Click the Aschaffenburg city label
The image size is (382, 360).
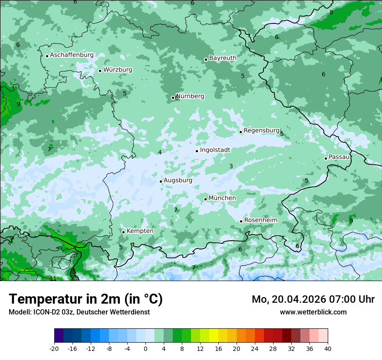tap(72, 55)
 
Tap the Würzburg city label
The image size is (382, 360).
tap(118, 70)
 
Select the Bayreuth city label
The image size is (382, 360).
tap(223, 58)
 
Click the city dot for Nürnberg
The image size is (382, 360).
tap(173, 98)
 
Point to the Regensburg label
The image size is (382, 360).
tap(261, 131)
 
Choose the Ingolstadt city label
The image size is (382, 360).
tap(215, 150)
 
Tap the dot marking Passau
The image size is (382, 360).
tap(326, 158)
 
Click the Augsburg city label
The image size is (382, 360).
tap(178, 180)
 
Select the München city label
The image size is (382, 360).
tap(222, 198)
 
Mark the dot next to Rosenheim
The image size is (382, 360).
tap(241, 221)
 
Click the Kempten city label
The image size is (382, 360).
tap(140, 231)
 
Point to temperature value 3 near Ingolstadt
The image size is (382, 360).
tap(231, 166)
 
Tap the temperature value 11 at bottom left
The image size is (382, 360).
tap(53, 278)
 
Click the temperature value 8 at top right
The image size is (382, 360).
tap(331, 12)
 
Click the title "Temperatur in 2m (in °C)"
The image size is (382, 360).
tap(86, 299)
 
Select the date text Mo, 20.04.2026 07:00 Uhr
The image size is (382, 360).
tap(313, 299)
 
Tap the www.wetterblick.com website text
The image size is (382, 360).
tap(313, 312)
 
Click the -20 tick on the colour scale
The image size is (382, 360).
tap(54, 348)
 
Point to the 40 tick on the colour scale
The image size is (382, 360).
tap(327, 348)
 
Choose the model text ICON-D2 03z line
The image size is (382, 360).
tap(79, 312)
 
